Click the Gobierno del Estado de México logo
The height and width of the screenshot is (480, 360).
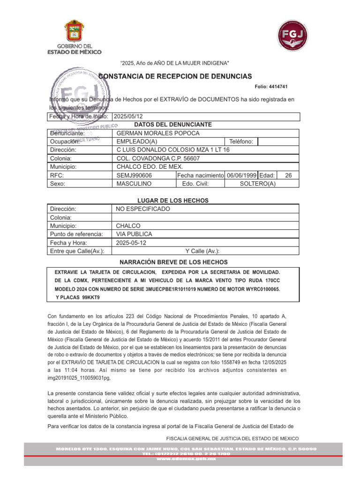tap(74, 37)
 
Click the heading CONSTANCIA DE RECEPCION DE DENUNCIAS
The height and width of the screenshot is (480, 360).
tap(175, 76)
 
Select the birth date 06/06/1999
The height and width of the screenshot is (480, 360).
tap(241, 175)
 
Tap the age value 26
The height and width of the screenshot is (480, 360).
tap(288, 175)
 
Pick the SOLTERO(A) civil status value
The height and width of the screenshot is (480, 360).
tap(257, 184)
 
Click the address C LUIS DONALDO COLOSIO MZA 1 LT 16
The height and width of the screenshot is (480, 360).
tap(173, 150)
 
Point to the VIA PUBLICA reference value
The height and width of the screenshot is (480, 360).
tap(134, 234)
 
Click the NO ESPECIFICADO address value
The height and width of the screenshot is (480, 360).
tap(143, 209)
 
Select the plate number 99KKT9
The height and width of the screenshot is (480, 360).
tap(90, 298)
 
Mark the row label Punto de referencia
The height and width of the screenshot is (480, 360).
tap(76, 234)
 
